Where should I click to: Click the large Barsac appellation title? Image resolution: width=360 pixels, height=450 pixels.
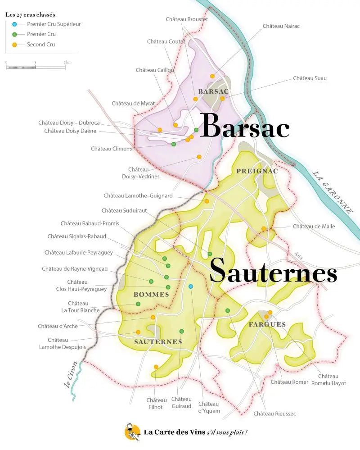point(245,126)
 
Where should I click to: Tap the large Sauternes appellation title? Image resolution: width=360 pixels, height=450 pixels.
point(273,271)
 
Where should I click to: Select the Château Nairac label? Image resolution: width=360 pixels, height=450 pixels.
point(281,26)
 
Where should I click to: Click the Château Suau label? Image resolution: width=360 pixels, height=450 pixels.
point(310,78)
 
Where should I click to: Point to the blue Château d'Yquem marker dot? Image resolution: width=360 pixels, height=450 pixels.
point(191,286)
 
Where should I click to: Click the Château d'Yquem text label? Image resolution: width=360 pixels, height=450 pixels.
point(209,407)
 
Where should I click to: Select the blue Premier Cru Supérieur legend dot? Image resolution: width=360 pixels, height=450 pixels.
point(15,24)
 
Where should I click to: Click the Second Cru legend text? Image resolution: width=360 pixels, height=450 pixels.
point(41,45)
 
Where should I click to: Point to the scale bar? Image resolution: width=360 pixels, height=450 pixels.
point(36,67)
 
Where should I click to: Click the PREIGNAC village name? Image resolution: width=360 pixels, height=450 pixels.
point(257,171)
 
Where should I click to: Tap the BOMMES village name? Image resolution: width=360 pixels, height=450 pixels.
point(151,295)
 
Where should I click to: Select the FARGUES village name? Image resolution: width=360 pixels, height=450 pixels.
point(267,324)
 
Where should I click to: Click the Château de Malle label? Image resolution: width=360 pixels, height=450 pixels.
point(314,227)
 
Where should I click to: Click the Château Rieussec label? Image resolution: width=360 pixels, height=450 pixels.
point(274,414)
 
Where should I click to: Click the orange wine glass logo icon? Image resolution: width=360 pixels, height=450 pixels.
point(132,432)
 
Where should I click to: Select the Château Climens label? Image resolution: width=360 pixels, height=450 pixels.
point(111,149)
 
